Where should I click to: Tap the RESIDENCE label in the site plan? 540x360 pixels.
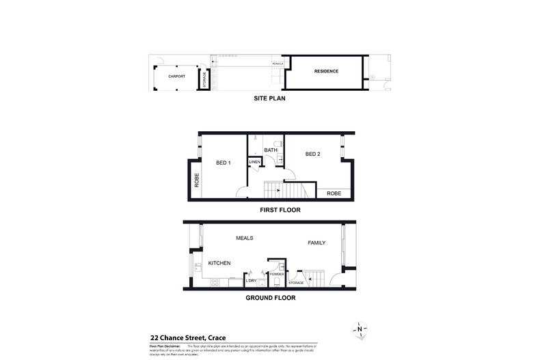(x=326, y=72)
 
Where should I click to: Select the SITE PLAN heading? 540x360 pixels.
(x=269, y=98)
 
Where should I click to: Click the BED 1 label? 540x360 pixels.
(x=224, y=163)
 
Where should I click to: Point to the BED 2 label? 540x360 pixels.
(x=312, y=154)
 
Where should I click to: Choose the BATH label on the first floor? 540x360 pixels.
(x=271, y=150)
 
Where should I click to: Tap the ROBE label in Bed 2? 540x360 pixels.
(x=334, y=193)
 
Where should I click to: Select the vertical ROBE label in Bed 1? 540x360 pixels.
(x=197, y=181)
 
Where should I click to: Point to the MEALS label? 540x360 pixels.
(x=245, y=238)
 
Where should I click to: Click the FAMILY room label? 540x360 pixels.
(x=316, y=243)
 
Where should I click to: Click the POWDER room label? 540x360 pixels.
(x=277, y=274)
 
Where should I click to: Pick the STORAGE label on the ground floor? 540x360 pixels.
(x=295, y=281)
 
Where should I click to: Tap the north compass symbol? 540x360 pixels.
(x=360, y=330)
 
